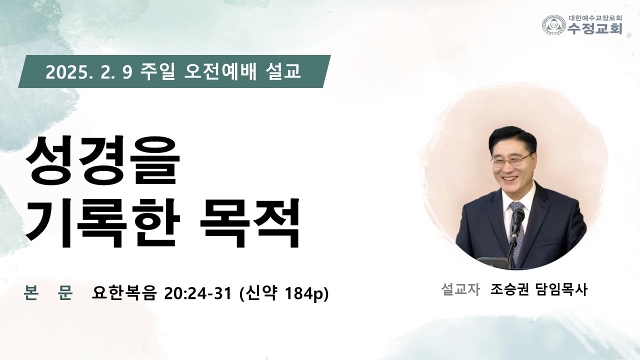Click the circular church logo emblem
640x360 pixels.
click(x=554, y=25)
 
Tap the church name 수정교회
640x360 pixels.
click(x=594, y=28)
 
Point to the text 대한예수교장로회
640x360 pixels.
click(x=594, y=18)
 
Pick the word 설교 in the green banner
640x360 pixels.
click(x=283, y=71)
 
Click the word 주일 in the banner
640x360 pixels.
click(x=157, y=71)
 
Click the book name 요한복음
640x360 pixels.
click(x=124, y=293)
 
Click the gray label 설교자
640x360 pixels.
click(x=460, y=289)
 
